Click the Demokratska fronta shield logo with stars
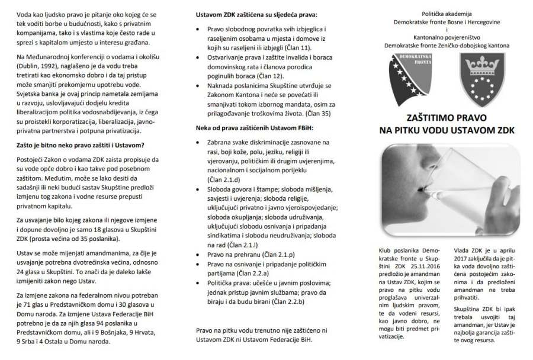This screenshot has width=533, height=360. click(x=413, y=76)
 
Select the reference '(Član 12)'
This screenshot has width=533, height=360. click(x=268, y=76)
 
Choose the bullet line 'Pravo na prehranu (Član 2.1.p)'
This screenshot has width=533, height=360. click(x=242, y=254)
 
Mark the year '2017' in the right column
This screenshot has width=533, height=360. click(x=464, y=259)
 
